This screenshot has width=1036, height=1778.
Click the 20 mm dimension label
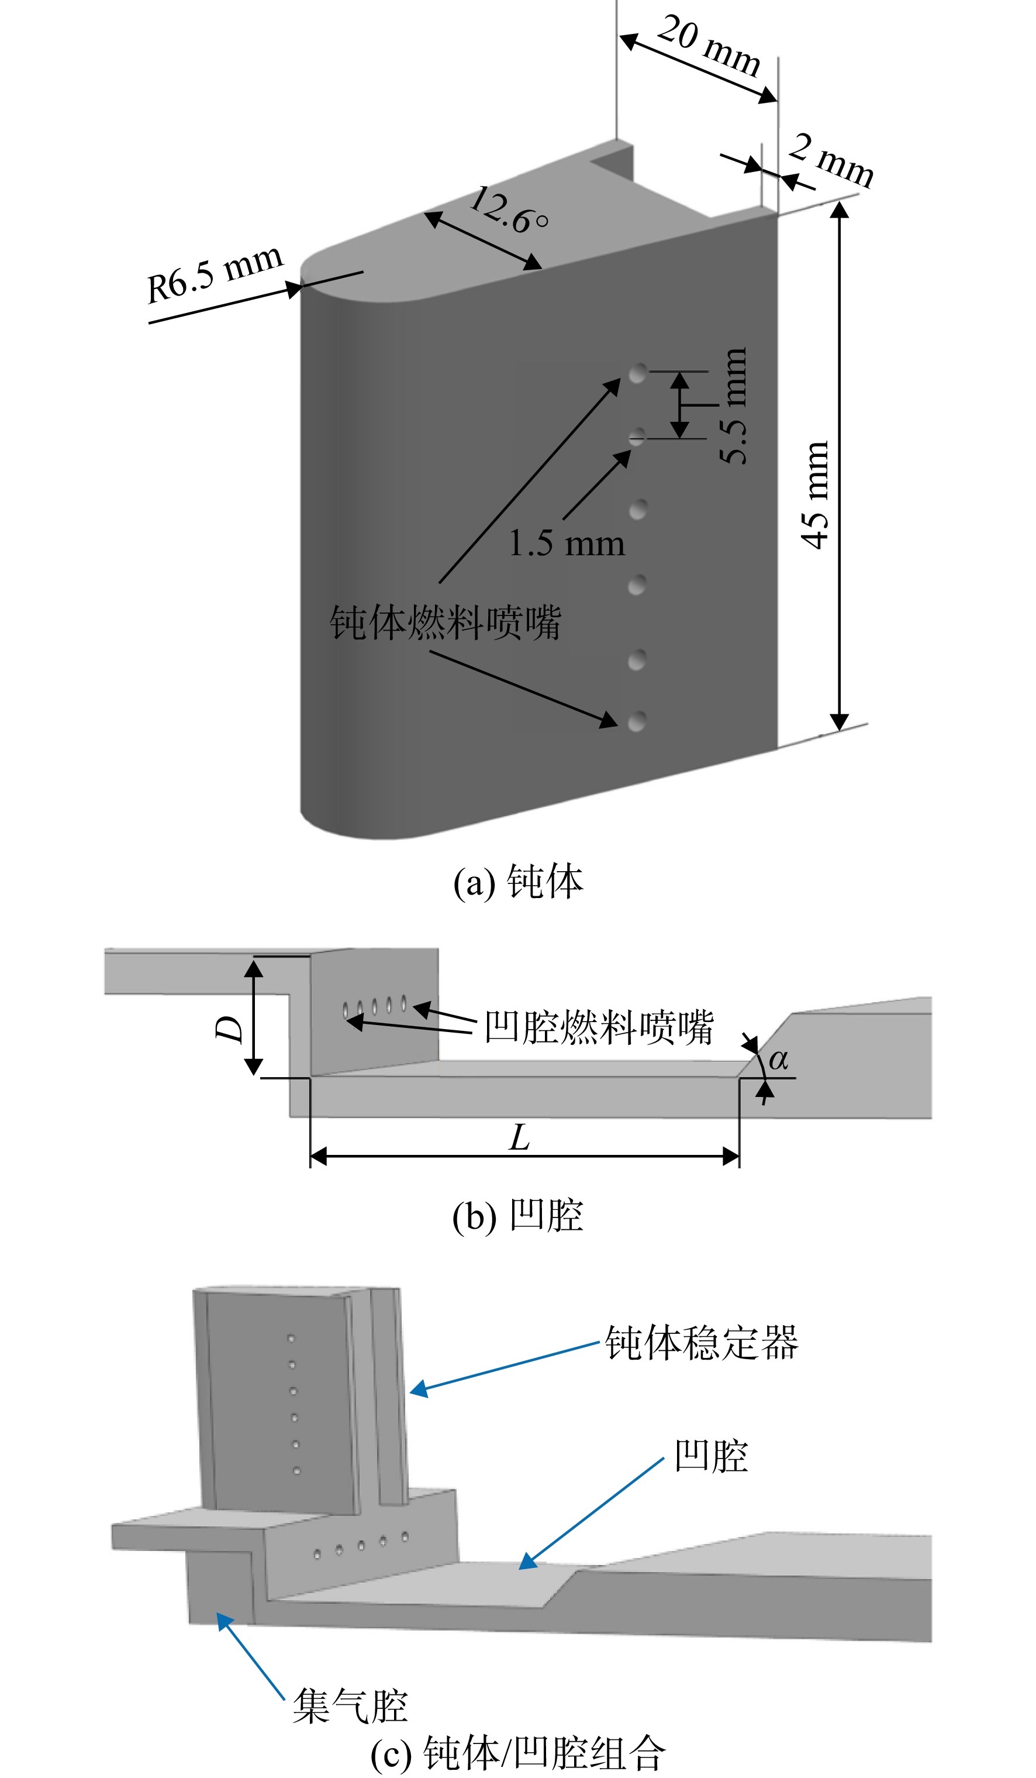coord(709,45)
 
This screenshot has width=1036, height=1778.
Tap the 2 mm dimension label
coord(831,160)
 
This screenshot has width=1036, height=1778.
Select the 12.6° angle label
coord(508,209)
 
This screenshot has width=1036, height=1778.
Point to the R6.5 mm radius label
coord(215,274)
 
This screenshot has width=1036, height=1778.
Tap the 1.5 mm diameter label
coord(567,544)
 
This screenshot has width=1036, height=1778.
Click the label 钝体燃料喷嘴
coord(445,623)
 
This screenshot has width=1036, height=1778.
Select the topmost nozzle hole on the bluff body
coord(637,373)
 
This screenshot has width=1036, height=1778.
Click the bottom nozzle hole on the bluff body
coord(637,721)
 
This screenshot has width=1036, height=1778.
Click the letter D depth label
coord(229,1029)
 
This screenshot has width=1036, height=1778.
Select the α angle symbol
coord(778,1059)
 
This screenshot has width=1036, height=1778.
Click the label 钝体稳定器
coord(702,1342)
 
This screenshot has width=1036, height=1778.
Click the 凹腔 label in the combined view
coord(711,1456)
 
